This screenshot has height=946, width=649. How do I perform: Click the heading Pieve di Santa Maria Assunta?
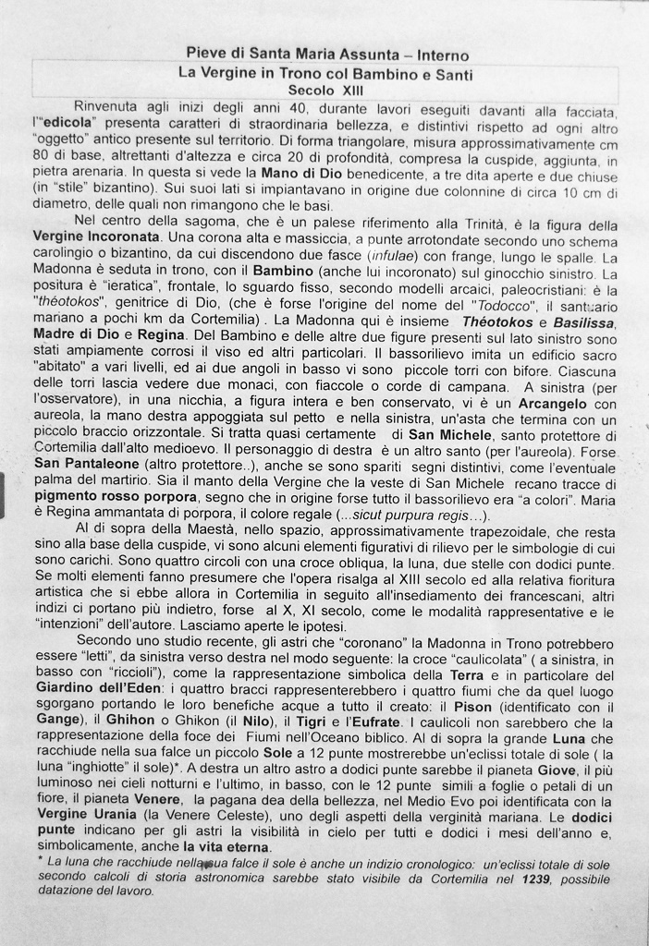pos(285,55)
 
